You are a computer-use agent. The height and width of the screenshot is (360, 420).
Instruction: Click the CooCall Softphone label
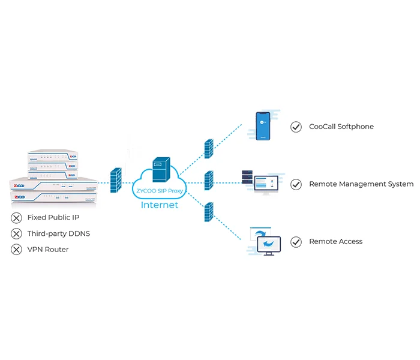[x=341, y=127]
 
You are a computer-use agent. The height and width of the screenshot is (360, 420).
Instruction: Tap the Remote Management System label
[x=361, y=184]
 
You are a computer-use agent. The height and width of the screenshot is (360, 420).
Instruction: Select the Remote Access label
[x=335, y=241]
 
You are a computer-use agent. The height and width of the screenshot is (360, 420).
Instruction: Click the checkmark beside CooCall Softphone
[x=296, y=127]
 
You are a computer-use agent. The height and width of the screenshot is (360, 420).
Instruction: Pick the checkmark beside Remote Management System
[x=296, y=184]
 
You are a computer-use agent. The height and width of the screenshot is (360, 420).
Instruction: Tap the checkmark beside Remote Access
[x=296, y=242]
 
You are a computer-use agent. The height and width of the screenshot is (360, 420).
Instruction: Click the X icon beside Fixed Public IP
[x=16, y=217]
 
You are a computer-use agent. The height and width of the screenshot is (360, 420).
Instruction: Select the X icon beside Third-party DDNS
[x=16, y=233]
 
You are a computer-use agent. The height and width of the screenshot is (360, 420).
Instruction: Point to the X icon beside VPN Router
[x=16, y=250]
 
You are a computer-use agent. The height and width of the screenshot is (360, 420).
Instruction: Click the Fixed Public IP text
[x=53, y=217]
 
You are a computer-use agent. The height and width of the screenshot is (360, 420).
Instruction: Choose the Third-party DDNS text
[x=58, y=233]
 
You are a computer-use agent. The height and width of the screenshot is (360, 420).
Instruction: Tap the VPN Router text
[x=48, y=250]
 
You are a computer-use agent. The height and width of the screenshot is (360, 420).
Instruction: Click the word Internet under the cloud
[x=159, y=205]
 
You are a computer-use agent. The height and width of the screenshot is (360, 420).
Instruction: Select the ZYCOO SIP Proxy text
[x=159, y=190]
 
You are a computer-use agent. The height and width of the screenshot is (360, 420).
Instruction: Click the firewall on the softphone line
[x=208, y=149]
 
